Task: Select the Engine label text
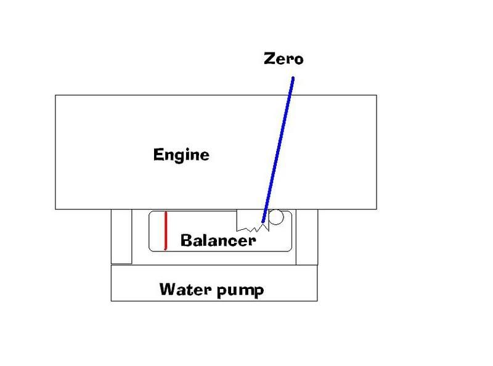point(181,154)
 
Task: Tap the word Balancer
point(218,240)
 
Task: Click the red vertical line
point(166,230)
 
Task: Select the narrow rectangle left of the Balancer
point(121,237)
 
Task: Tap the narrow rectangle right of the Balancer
point(307,237)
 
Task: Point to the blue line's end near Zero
point(293,78)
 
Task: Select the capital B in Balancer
point(185,240)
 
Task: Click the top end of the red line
point(166,213)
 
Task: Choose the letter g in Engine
point(178,156)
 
